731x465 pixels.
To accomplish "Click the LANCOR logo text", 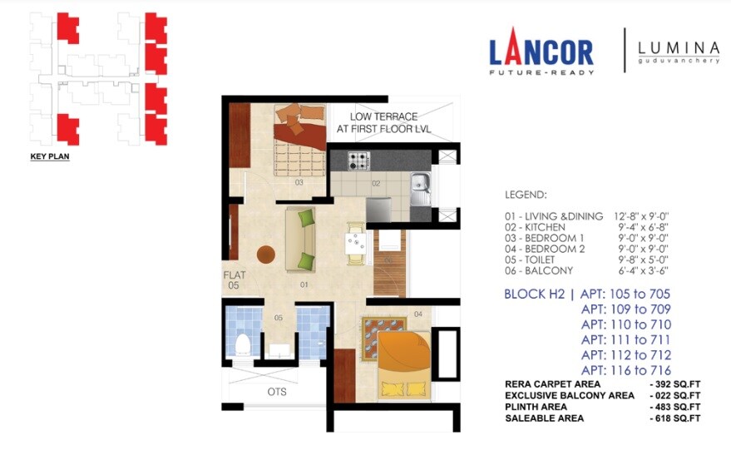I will [x=541, y=52].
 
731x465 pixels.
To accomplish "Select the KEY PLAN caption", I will [x=50, y=156].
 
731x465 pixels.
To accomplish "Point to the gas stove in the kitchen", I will [x=358, y=161].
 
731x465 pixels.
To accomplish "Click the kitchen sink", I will [x=420, y=181].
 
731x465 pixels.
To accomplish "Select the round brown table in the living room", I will [x=266, y=255].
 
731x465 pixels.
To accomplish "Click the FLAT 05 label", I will [x=234, y=279].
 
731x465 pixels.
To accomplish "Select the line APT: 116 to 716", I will [x=625, y=370].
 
